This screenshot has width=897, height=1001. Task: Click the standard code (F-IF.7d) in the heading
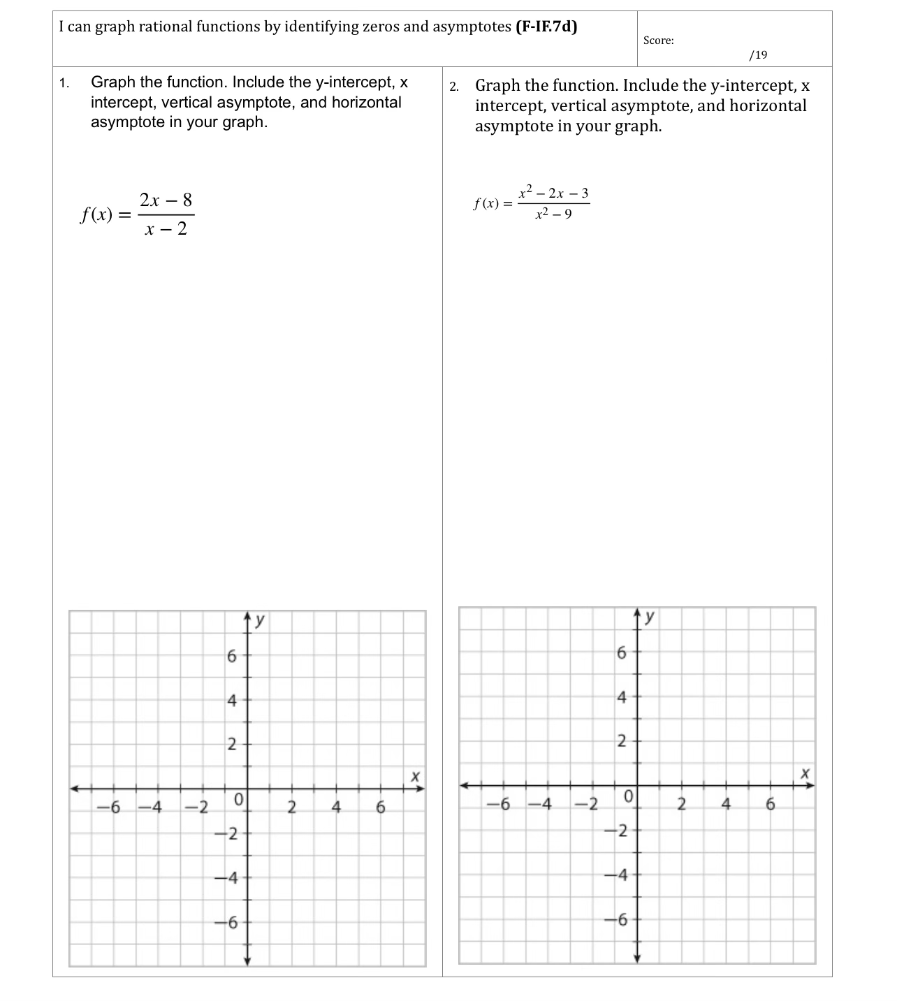click(546, 27)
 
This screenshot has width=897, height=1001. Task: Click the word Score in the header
click(658, 41)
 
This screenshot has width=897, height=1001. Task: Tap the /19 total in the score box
click(757, 54)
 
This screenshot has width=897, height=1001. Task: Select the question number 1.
click(64, 84)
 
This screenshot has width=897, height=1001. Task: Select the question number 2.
click(454, 87)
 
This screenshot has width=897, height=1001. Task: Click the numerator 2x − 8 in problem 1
click(166, 200)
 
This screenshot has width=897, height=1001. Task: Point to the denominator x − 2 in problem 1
click(166, 228)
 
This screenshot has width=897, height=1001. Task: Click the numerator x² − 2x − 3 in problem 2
click(553, 192)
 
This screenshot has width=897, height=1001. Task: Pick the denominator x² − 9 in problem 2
click(553, 214)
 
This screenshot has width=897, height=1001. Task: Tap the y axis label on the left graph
click(260, 619)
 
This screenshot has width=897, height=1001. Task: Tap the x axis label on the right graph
click(805, 773)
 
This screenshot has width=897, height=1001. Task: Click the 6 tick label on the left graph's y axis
click(232, 656)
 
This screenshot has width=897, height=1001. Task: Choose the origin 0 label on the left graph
click(239, 798)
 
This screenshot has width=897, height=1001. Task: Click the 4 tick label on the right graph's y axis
click(622, 696)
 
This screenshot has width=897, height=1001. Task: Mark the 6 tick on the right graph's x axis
click(771, 804)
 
